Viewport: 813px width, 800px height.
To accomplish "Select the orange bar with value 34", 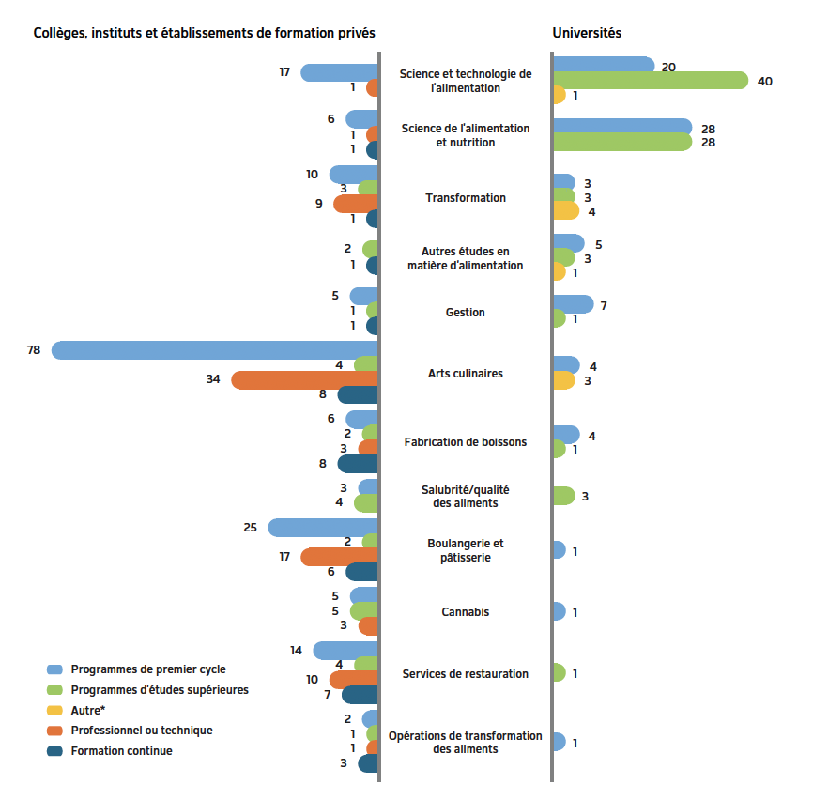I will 304,380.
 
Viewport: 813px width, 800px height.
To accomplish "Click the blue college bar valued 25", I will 323,528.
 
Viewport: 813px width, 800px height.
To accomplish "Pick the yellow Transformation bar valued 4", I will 566,211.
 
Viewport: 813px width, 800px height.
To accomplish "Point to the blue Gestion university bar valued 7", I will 573,304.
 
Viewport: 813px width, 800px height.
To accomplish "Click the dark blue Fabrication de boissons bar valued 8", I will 358,464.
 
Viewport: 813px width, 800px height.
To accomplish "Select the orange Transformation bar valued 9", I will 356,204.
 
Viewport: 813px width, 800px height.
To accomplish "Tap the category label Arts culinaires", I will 465,374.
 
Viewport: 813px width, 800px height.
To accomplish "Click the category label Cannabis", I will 465,612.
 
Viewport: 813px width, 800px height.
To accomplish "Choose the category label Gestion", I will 465,312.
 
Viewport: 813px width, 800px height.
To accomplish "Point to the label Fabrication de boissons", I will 465,442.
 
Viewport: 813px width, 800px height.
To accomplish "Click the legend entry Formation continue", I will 121,751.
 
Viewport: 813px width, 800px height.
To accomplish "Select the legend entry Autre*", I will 87,711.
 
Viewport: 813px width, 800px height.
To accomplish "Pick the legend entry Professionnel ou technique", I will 141,731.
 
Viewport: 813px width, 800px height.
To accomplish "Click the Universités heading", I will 587,33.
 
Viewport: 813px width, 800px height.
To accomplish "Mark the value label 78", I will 34,350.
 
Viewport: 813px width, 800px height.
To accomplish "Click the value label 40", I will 764,82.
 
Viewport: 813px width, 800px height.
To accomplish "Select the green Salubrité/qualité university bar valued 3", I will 563,496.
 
